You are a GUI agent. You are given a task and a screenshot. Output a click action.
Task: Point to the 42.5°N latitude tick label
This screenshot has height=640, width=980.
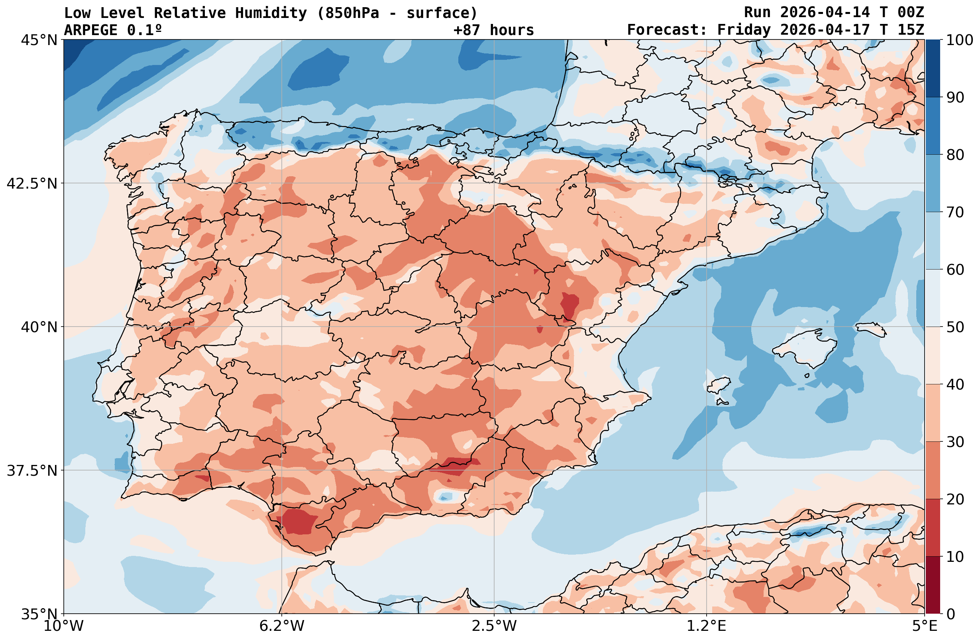tap(32, 183)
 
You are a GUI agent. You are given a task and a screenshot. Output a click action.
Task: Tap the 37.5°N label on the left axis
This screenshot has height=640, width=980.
tap(32, 471)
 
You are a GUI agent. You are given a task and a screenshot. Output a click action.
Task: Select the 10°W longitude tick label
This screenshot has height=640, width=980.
tap(63, 626)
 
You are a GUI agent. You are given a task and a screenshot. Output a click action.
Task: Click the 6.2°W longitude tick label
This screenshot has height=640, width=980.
tap(282, 626)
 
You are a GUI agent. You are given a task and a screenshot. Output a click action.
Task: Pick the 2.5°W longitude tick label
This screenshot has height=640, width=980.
tap(494, 626)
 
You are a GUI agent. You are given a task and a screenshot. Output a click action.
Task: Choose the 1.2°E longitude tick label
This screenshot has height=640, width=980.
tap(707, 626)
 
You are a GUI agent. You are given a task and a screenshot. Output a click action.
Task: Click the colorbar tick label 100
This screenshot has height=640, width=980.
tap(959, 40)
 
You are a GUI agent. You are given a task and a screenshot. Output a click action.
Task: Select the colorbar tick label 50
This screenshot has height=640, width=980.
tap(955, 327)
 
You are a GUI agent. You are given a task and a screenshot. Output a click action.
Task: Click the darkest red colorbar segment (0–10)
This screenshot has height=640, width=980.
tap(933, 585)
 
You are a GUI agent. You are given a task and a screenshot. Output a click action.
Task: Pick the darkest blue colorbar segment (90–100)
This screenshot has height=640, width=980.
tap(933, 69)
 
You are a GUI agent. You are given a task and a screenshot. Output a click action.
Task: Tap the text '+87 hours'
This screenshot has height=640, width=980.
tap(494, 30)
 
